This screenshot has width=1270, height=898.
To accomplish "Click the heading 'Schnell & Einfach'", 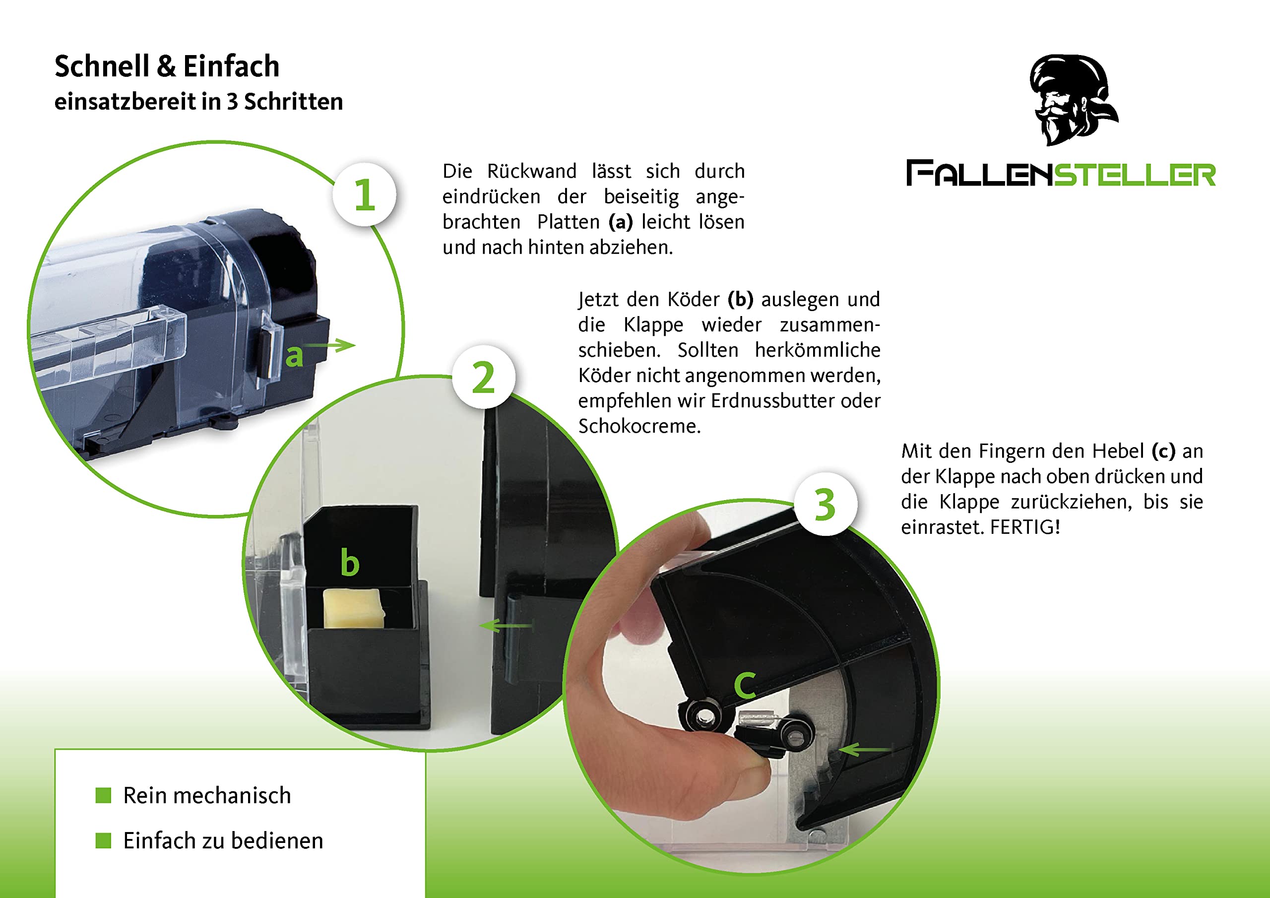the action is [167, 67].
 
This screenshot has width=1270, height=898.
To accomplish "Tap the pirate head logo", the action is [1073, 100].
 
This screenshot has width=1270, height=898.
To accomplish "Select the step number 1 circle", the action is [365, 194].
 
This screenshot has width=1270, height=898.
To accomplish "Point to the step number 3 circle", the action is [825, 504].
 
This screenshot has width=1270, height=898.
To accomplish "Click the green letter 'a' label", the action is [294, 356].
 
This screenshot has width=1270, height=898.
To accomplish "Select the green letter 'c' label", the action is [745, 685].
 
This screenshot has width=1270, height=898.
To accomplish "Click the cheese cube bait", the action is [353, 609].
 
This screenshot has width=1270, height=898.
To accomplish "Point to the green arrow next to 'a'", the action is [329, 345].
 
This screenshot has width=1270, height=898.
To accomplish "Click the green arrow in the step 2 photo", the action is [506, 625].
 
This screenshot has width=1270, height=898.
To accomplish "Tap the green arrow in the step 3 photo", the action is [866, 750].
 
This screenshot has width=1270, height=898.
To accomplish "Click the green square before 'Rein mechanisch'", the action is [104, 796].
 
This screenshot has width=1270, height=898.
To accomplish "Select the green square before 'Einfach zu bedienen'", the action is [104, 841].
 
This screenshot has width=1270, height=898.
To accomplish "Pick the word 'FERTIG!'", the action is [1025, 527].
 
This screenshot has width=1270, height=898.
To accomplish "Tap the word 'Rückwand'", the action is [531, 171].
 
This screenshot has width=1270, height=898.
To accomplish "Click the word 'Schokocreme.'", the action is [639, 426].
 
